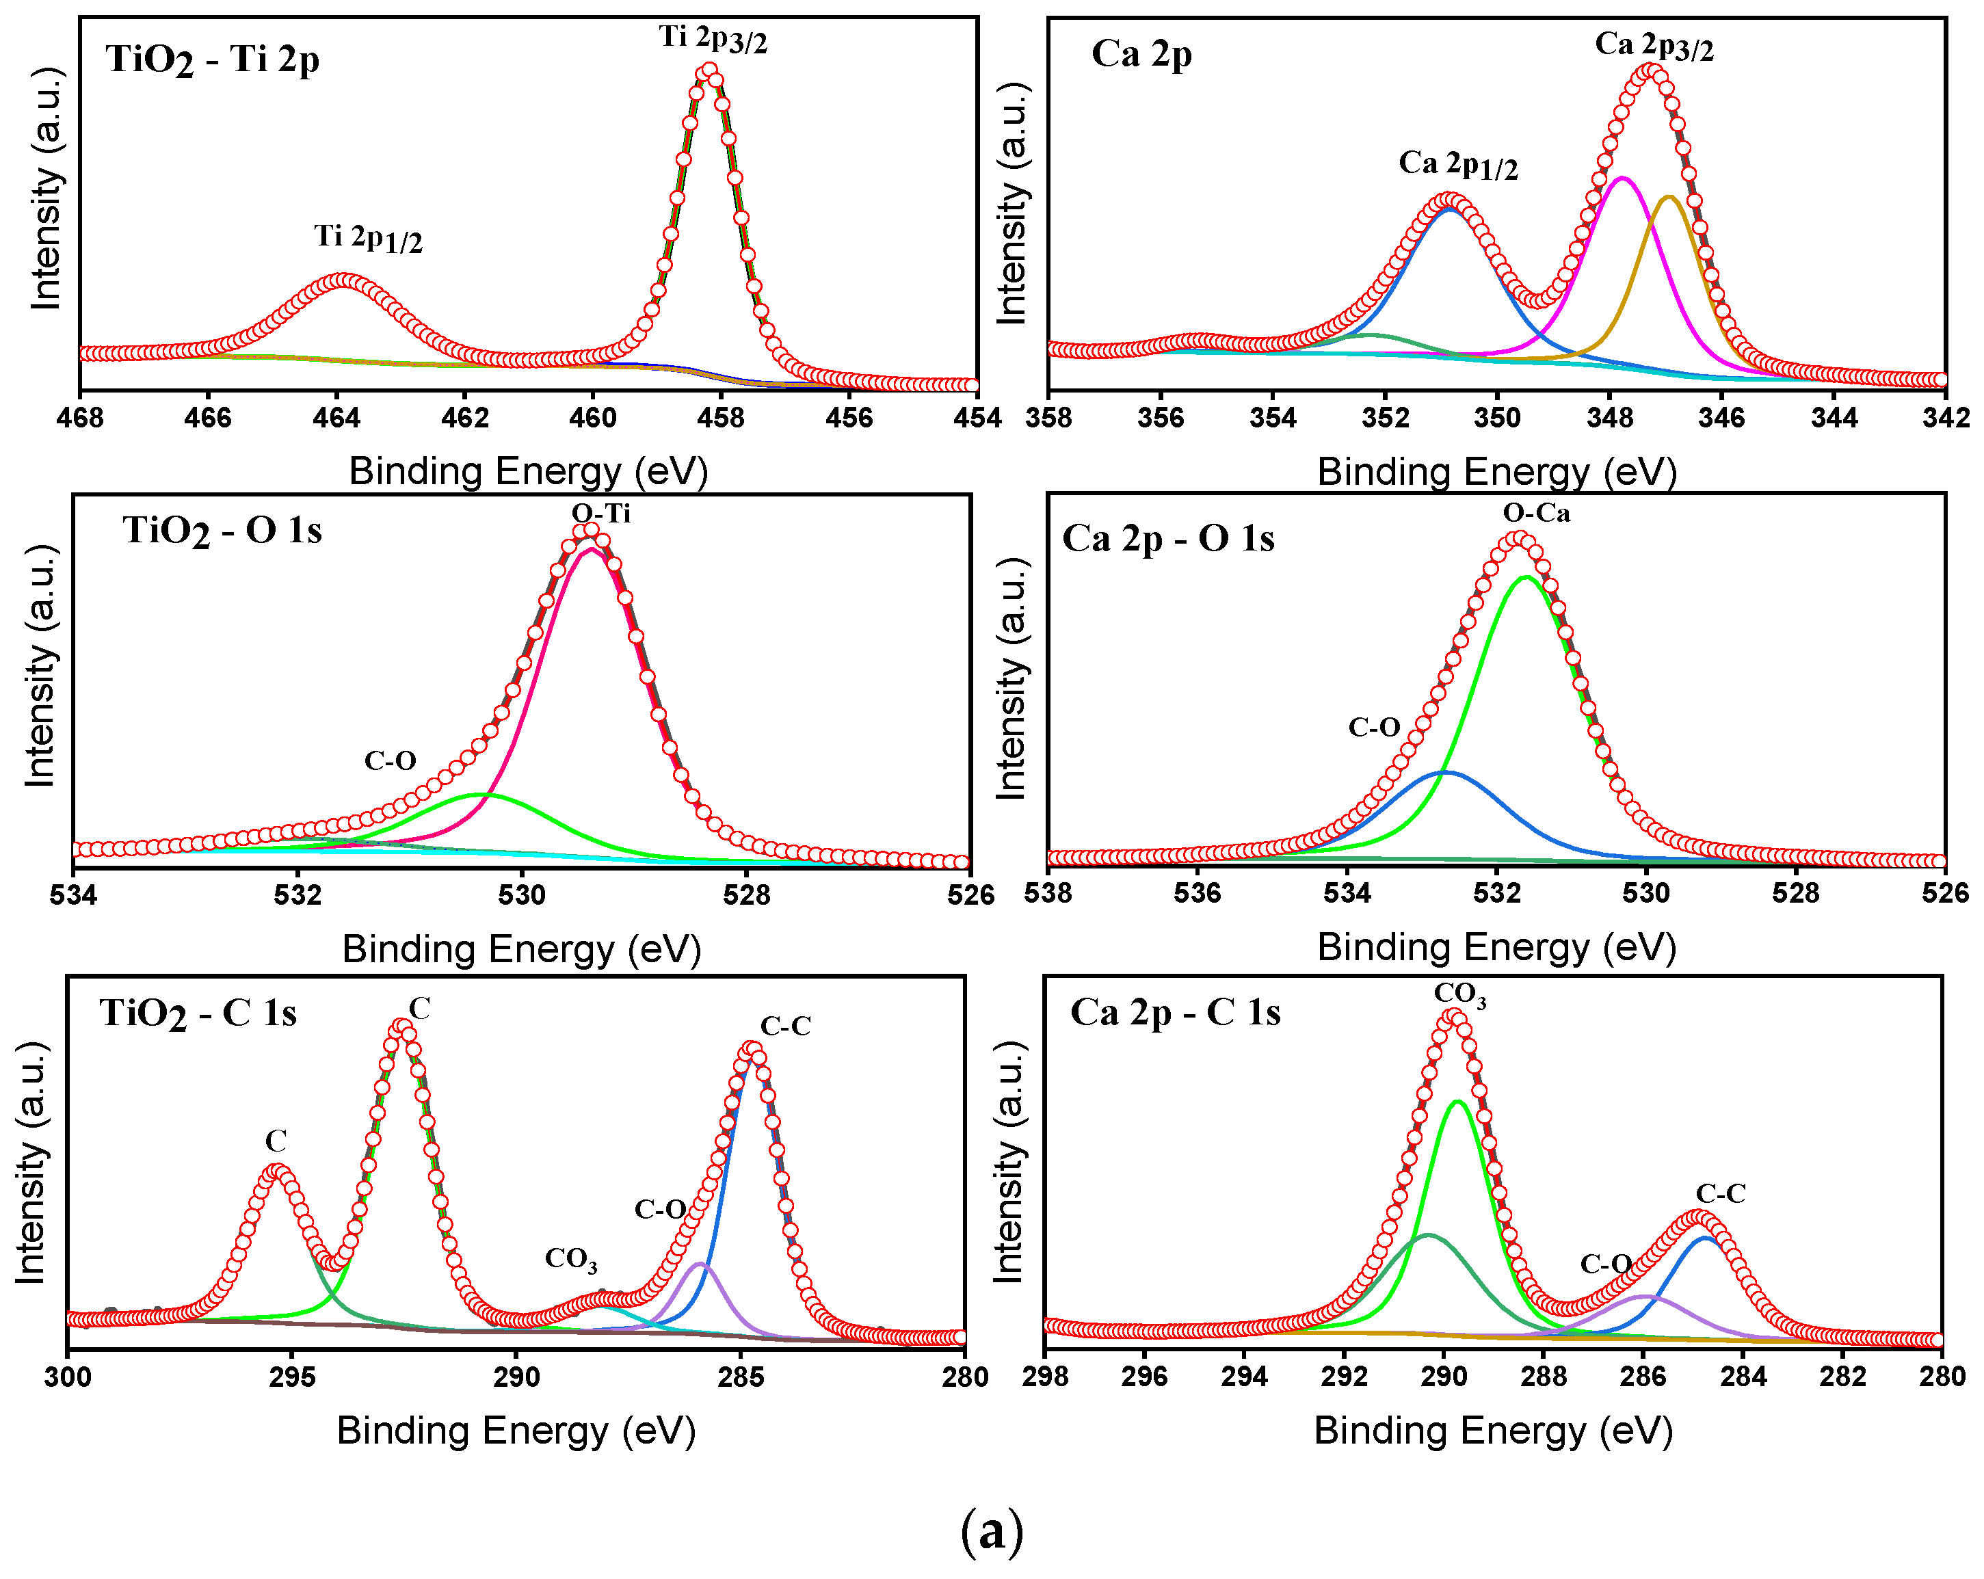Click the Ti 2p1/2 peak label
pyautogui.click(x=368, y=239)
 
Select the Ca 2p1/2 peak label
pyautogui.click(x=1457, y=165)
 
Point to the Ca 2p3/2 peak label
pyautogui.click(x=1654, y=45)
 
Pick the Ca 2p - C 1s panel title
pyautogui.click(x=1174, y=1013)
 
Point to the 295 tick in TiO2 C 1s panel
pyautogui.click(x=293, y=1377)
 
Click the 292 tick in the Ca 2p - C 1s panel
pyautogui.click(x=1343, y=1377)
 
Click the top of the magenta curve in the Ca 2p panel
pyautogui.click(x=1622, y=178)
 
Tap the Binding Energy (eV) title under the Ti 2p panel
pyautogui.click(x=528, y=472)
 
